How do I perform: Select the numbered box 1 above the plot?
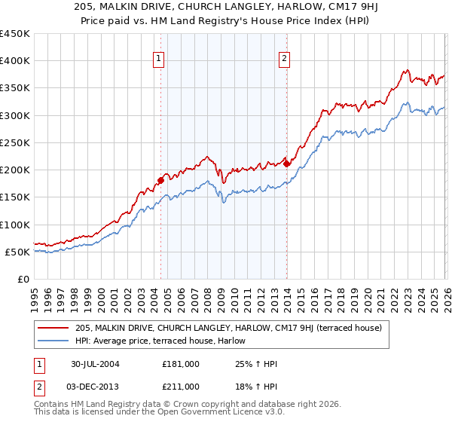160,60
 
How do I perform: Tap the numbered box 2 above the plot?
285,60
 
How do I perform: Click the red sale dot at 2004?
160,180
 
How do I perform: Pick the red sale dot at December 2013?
286,164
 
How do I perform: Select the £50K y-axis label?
18,252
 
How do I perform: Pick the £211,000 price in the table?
181,387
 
